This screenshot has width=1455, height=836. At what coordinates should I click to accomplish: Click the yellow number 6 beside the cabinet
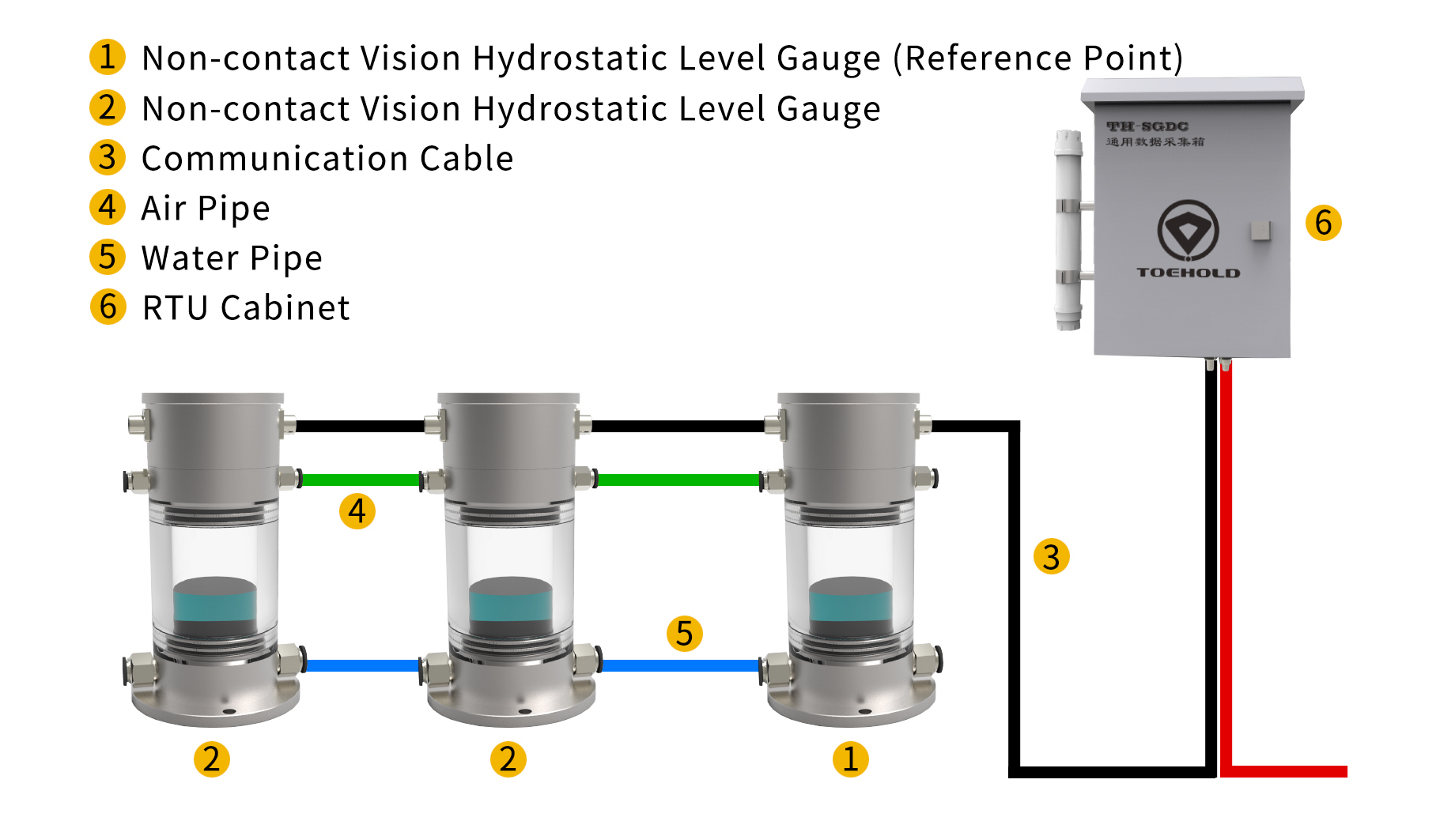click(x=1323, y=223)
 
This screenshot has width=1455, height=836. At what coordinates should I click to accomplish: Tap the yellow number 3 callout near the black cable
click(x=1051, y=556)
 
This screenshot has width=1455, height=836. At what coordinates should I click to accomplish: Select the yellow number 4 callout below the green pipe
click(x=357, y=511)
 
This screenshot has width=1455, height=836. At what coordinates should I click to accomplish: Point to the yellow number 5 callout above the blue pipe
click(x=684, y=634)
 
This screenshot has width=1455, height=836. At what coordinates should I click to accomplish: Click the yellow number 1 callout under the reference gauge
click(x=850, y=759)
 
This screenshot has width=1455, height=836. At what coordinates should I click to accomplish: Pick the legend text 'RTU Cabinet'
click(x=245, y=308)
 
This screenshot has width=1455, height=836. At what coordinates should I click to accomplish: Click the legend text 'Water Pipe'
click(x=232, y=258)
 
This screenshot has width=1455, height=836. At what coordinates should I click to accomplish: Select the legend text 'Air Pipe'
click(x=206, y=209)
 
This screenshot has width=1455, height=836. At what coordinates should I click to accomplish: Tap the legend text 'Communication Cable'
click(x=327, y=159)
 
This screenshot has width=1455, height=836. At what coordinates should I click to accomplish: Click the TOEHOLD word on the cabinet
click(x=1188, y=273)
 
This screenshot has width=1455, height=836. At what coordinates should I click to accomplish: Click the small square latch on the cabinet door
click(x=1260, y=231)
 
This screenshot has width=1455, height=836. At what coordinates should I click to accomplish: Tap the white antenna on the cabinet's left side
click(x=1068, y=229)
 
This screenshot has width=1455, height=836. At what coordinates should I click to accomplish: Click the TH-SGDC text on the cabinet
click(x=1147, y=126)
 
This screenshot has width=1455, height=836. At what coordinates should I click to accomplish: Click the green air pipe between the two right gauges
click(x=678, y=480)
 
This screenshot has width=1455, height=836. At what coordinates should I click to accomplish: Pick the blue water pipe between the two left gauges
click(x=363, y=665)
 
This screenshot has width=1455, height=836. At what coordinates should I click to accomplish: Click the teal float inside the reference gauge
click(x=850, y=605)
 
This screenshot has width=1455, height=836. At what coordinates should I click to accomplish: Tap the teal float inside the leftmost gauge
click(x=214, y=605)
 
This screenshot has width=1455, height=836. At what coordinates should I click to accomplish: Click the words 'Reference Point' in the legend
click(x=1037, y=58)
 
